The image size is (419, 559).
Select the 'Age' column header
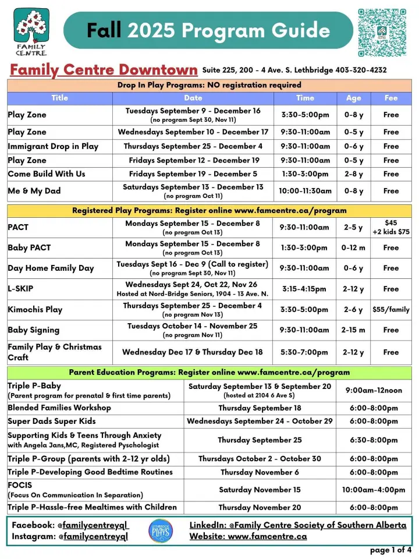point(353,98)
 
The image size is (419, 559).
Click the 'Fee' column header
point(390,98)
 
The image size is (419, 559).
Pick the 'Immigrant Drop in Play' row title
point(53,146)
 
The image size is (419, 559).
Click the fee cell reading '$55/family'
point(390,309)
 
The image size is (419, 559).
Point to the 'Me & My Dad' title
point(34,191)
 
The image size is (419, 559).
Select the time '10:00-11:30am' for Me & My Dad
point(305,191)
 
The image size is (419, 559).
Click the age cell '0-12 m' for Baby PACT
point(353,247)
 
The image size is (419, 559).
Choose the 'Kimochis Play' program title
point(35,309)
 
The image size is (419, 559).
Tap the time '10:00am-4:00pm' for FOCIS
point(374,490)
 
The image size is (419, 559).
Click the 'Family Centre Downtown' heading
point(103,70)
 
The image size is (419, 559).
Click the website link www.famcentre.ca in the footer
point(267,536)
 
